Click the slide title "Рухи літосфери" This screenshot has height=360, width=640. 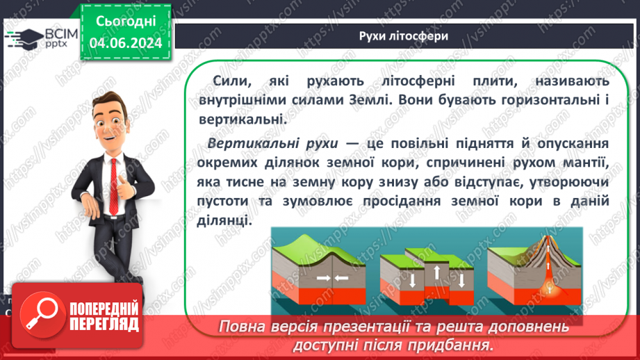403,36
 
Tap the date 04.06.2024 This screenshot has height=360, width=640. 126,43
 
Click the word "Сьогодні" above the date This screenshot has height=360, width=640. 126,22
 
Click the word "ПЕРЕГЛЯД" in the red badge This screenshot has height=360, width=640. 105,325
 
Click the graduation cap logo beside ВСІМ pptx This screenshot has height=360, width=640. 25,37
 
